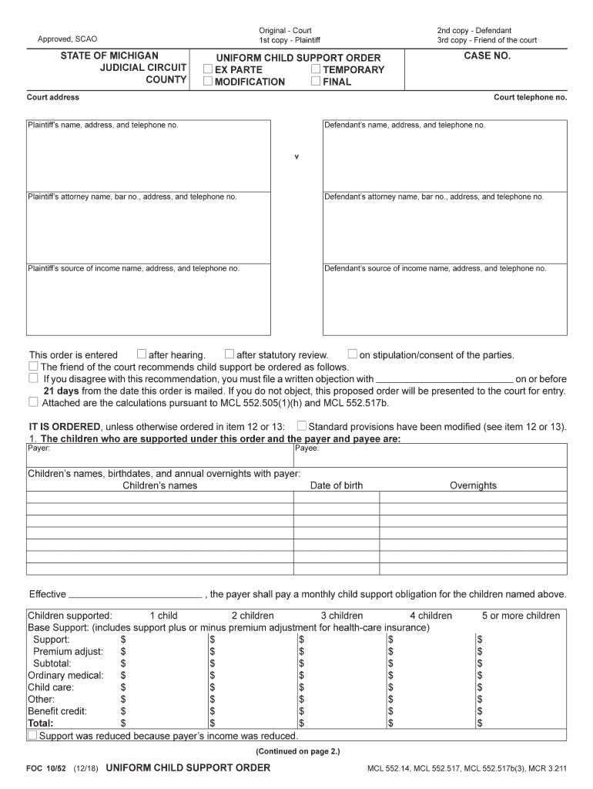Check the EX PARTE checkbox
(x=208, y=69)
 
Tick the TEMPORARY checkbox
(x=316, y=69)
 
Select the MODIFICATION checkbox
(x=208, y=82)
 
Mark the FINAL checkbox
(x=316, y=82)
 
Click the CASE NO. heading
(x=487, y=56)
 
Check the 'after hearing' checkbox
(x=142, y=354)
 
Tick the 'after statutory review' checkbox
(x=229, y=354)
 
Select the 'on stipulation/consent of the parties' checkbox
(x=353, y=354)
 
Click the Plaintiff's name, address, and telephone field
(x=149, y=158)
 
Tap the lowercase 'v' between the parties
(x=296, y=157)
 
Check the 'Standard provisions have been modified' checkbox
(x=302, y=425)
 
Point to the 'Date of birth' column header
(x=337, y=485)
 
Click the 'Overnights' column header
(x=473, y=485)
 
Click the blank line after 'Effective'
(x=136, y=595)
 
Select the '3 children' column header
(x=342, y=616)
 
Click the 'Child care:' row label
(x=51, y=687)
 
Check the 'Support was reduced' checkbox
(x=32, y=736)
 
